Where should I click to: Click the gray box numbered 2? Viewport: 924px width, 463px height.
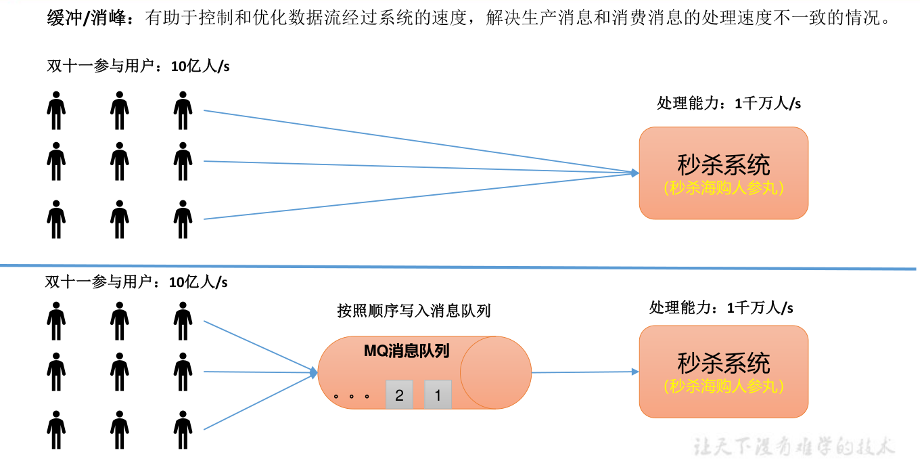tap(399, 395)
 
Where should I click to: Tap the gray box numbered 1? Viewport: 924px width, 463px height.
tap(438, 395)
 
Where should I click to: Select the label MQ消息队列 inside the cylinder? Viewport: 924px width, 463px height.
tap(407, 351)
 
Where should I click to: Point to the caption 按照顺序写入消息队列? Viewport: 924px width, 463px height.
tap(413, 311)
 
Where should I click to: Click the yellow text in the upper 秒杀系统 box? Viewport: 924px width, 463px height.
tap(724, 188)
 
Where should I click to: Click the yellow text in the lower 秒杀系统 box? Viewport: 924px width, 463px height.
tap(724, 386)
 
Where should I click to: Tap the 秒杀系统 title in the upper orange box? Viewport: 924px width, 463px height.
tap(724, 164)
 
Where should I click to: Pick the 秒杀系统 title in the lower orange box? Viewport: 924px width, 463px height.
tap(724, 363)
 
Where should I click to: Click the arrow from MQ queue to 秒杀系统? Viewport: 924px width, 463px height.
tap(584, 372)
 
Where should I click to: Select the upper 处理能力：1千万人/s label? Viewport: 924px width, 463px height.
tap(729, 104)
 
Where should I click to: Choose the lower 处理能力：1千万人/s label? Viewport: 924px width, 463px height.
tap(721, 308)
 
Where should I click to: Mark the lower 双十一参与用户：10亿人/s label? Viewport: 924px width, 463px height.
tap(136, 282)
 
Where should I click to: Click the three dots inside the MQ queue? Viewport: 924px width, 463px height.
tap(351, 395)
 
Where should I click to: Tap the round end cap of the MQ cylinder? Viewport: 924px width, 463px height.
tap(496, 372)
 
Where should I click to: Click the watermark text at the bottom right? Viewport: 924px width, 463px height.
tap(794, 446)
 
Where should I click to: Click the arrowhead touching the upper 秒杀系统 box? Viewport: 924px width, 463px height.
tap(634, 173)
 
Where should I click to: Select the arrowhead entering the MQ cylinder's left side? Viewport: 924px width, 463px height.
tap(313, 372)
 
